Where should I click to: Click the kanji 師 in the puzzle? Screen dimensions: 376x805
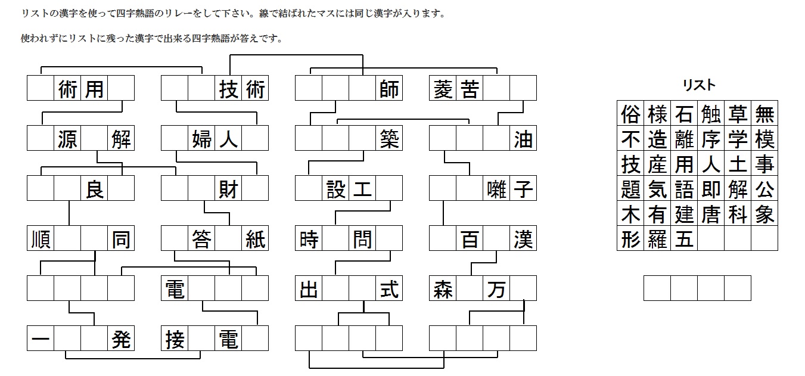pyautogui.click(x=389, y=89)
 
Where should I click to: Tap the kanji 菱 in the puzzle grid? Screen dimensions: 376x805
pyautogui.click(x=442, y=89)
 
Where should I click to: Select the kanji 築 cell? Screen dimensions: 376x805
pyautogui.click(x=389, y=139)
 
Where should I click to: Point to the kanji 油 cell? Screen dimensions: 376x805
pyautogui.click(x=523, y=139)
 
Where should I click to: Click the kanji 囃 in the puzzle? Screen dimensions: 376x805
pyautogui.click(x=496, y=189)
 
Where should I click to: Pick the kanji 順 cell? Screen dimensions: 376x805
pyautogui.click(x=41, y=240)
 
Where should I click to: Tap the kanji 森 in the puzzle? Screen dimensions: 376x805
pyautogui.click(x=442, y=290)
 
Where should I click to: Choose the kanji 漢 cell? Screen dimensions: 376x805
pyautogui.click(x=523, y=240)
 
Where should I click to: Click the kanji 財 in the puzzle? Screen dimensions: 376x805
pyautogui.click(x=228, y=189)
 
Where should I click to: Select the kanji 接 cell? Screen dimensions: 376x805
pyautogui.click(x=175, y=340)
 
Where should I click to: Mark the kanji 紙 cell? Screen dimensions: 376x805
pyautogui.click(x=255, y=240)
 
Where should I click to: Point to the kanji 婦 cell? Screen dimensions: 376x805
pyautogui.click(x=201, y=139)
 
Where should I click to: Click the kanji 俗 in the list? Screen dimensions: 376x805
pyautogui.click(x=630, y=113)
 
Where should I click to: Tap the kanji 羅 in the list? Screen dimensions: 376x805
pyautogui.click(x=657, y=239)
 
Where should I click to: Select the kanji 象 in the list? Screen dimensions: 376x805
pyautogui.click(x=764, y=214)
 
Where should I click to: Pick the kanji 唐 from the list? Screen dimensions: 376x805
pyautogui.click(x=710, y=214)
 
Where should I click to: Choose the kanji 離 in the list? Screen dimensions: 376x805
pyautogui.click(x=683, y=138)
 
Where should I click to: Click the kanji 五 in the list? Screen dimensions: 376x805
pyautogui.click(x=683, y=239)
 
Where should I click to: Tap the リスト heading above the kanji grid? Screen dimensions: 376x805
pyautogui.click(x=699, y=85)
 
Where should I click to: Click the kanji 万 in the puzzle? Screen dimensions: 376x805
pyautogui.click(x=496, y=290)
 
